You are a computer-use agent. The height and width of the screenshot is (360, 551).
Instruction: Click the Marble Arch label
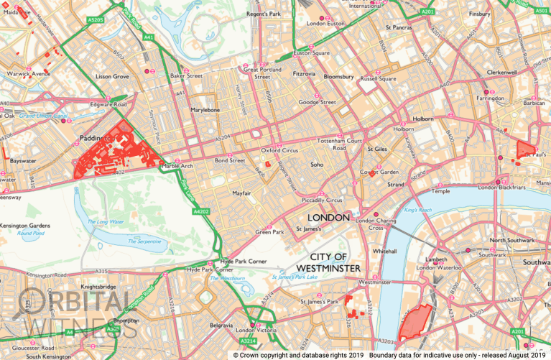pyautogui.click(x=178, y=166)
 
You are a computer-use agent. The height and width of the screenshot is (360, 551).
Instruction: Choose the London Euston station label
pyautogui.click(x=325, y=24)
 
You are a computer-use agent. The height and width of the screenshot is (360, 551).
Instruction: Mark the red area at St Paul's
pyautogui.click(x=525, y=147)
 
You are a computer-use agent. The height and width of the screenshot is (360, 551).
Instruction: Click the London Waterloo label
pyautogui.click(x=448, y=268)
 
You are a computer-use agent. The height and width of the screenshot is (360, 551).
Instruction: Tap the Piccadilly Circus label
pyautogui.click(x=322, y=200)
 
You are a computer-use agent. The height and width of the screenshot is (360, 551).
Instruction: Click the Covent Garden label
pyautogui.click(x=379, y=172)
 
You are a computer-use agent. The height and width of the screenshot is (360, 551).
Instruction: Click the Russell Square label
pyautogui.click(x=378, y=78)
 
